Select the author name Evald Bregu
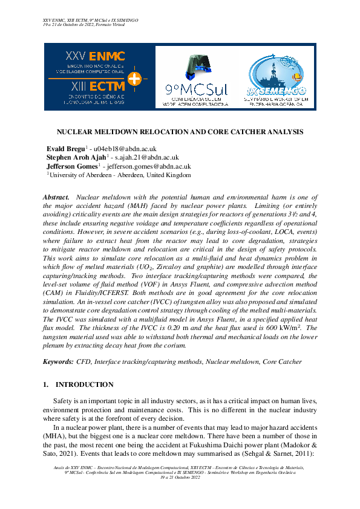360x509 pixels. pyautogui.click(x=65, y=149)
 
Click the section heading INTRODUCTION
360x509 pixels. pyautogui.click(x=84, y=384)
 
